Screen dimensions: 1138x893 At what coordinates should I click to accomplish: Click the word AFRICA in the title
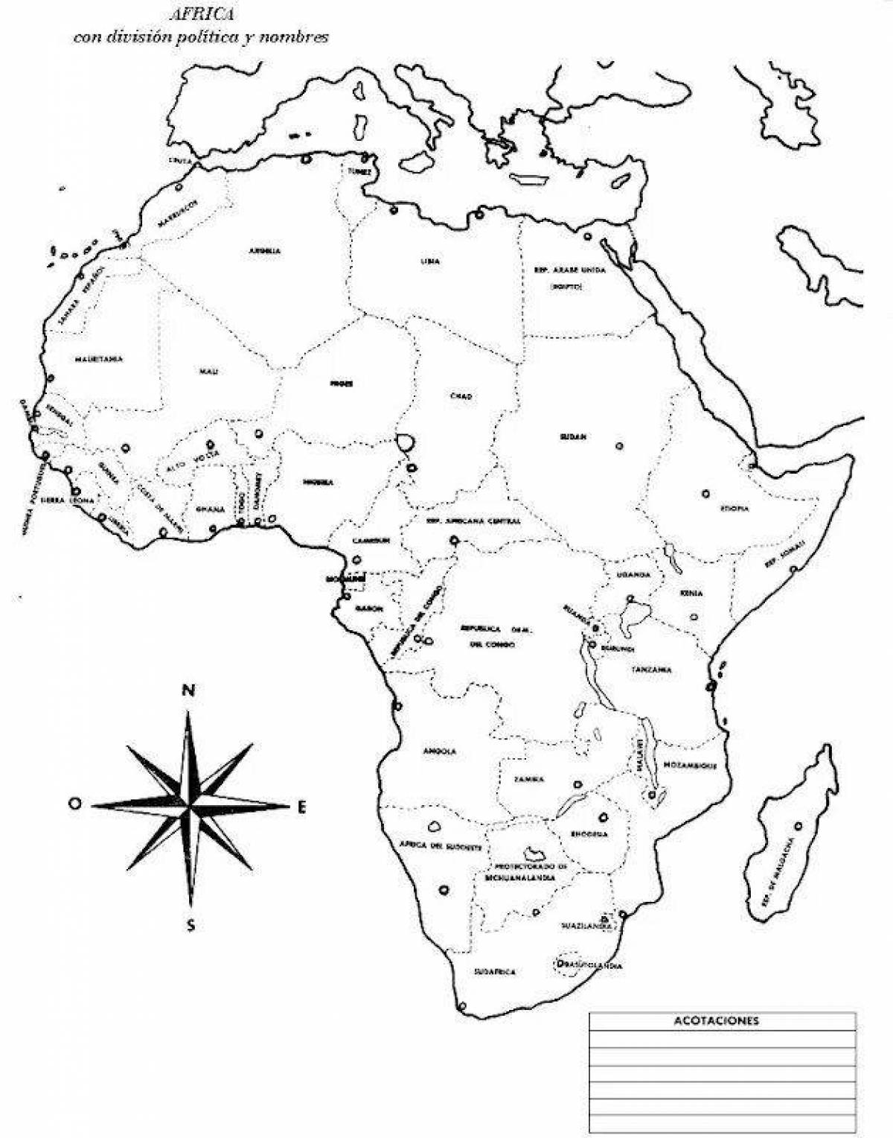[x=201, y=13]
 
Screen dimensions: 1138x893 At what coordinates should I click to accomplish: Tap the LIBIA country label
[x=430, y=261]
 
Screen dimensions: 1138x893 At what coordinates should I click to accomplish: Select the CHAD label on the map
[x=461, y=396]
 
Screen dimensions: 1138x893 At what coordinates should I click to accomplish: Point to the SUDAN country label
[x=573, y=436]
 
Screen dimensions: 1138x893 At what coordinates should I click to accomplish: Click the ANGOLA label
[x=439, y=751]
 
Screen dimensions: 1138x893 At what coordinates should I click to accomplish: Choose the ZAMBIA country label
[x=529, y=780]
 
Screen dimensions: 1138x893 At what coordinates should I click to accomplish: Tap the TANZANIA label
[x=652, y=670]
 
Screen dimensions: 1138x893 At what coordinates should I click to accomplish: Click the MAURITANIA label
[x=98, y=359]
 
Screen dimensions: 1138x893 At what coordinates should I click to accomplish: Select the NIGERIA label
[x=318, y=482]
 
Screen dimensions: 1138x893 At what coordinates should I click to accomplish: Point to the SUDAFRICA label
[x=495, y=972]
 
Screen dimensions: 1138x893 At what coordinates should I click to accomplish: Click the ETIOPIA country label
[x=734, y=509]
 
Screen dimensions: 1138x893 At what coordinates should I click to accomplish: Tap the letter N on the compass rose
[x=188, y=690]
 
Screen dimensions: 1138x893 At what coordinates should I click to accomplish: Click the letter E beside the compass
[x=302, y=806]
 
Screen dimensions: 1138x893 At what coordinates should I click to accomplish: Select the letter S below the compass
[x=191, y=926]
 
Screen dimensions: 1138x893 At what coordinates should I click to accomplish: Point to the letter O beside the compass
[x=74, y=804]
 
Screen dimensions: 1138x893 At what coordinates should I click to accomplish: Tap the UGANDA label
[x=633, y=575]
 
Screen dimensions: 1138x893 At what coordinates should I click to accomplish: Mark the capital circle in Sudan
[x=619, y=446]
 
